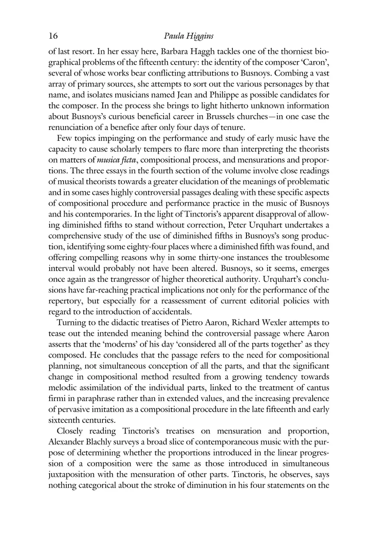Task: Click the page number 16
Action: [53, 36]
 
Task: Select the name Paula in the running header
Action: [174, 36]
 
